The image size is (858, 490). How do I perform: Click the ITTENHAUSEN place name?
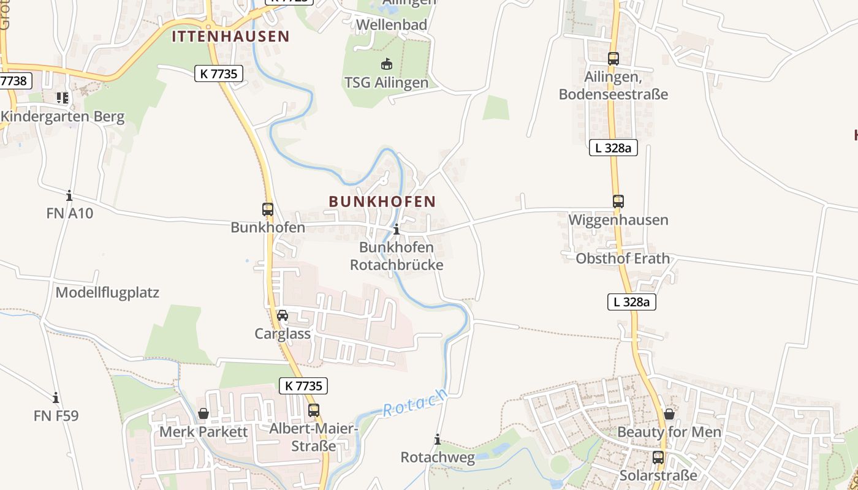coord(230,36)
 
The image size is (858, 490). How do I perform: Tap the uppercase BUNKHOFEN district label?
coord(382,202)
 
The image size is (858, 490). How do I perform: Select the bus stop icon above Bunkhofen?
coord(268,209)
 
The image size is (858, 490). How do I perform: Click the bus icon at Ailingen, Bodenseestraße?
coord(613,59)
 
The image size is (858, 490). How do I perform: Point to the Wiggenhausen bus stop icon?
coord(618,202)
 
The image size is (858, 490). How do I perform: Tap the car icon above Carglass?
coord(283,315)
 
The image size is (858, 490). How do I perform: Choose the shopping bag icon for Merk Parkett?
coord(203,414)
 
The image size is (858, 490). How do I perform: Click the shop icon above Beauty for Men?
coord(669,414)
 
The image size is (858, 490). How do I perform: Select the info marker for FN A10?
coord(69,195)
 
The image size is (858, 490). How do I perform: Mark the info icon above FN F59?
coord(56,398)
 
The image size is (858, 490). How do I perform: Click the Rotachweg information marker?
coord(438,439)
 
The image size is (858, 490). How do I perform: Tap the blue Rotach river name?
coord(415,402)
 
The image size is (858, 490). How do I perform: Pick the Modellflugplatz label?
coord(107,293)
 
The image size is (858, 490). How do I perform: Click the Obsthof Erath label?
coord(623,258)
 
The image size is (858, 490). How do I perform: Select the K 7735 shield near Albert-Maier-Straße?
coord(303,386)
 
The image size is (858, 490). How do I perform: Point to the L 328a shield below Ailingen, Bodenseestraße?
coord(613,148)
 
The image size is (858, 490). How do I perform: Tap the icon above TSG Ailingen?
coord(386,64)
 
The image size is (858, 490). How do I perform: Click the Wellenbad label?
coord(391,25)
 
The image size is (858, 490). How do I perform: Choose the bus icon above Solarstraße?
coord(658,457)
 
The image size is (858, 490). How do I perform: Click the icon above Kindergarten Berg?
coord(62,98)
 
